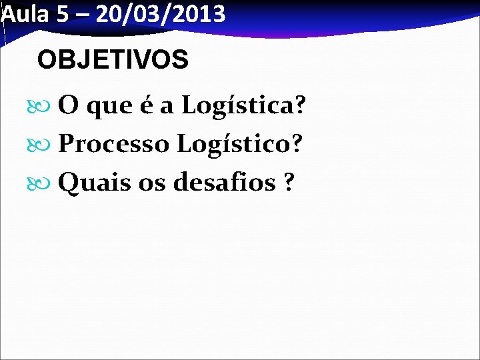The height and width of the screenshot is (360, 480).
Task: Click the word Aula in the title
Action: [25, 14]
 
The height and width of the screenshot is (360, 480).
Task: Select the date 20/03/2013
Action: [161, 14]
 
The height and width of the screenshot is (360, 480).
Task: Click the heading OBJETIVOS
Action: [113, 61]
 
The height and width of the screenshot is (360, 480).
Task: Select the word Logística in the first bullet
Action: [237, 105]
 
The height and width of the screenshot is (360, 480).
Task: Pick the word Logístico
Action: [234, 143]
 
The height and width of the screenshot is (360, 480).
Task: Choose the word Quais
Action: [94, 181]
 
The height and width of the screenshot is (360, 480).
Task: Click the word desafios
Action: [224, 181]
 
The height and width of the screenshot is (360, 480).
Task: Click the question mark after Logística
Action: [300, 105]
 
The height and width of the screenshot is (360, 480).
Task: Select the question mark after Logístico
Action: [297, 143]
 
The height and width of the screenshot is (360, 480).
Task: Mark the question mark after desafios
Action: [288, 181]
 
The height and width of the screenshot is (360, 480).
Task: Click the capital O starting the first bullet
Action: [67, 105]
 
